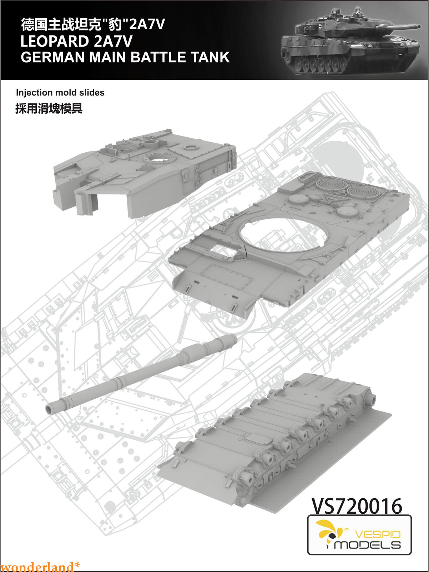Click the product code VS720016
point(357,506)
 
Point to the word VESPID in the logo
point(378,535)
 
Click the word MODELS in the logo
point(368,545)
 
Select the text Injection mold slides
point(60,93)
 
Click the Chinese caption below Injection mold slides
point(49,108)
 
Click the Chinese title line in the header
point(93,25)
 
